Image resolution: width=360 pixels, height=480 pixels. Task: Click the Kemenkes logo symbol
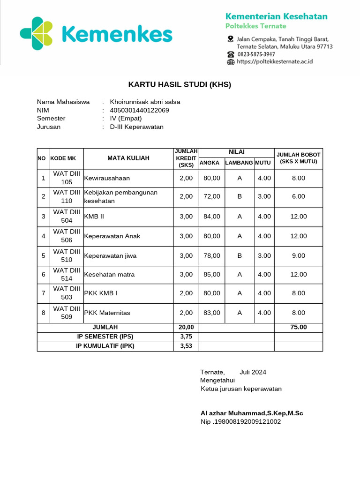click(x=36, y=33)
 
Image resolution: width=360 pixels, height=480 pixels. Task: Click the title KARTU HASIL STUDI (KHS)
click(x=180, y=85)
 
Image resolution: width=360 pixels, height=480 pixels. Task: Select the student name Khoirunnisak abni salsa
click(x=145, y=102)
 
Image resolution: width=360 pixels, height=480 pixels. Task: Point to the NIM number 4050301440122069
click(x=139, y=110)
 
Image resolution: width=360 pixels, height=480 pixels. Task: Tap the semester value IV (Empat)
click(x=126, y=119)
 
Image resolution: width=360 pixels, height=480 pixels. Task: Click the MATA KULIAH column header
click(x=128, y=158)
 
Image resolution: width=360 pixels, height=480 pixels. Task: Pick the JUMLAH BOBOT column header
click(x=298, y=158)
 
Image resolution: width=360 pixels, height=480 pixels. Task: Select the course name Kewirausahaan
click(x=107, y=178)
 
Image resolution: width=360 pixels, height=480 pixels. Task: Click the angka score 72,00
click(x=211, y=196)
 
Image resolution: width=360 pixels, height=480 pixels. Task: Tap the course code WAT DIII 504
click(x=67, y=216)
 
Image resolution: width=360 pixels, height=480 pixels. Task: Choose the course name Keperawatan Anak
click(x=112, y=236)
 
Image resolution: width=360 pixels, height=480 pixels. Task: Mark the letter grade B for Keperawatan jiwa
click(x=240, y=255)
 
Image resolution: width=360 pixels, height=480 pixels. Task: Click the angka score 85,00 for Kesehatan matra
click(x=211, y=274)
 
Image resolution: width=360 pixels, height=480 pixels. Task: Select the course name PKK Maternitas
click(x=107, y=313)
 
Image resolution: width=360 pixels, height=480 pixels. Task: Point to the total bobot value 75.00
click(x=298, y=327)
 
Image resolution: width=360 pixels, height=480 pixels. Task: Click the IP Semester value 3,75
click(x=186, y=337)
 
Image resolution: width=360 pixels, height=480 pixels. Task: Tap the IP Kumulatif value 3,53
click(x=186, y=346)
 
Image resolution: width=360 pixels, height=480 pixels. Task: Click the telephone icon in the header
click(x=230, y=54)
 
